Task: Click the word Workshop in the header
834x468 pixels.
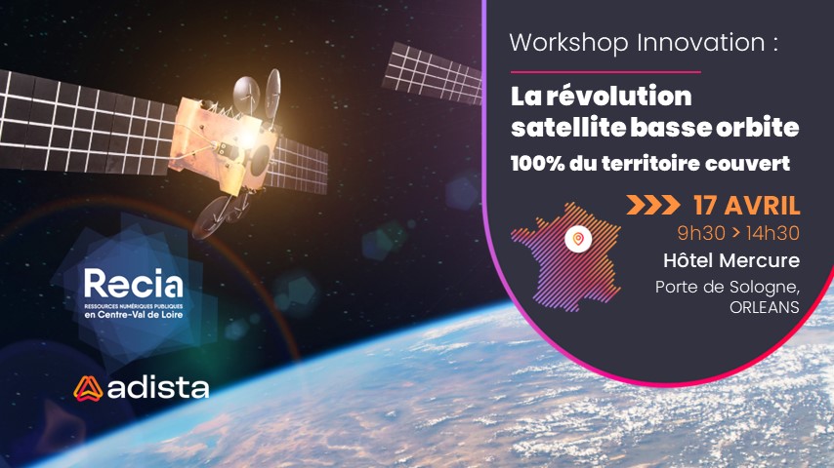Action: [x=568, y=43]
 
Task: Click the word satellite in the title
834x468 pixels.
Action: [x=567, y=127]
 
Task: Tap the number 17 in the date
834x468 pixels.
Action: [x=704, y=206]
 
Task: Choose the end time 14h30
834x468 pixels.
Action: [x=772, y=233]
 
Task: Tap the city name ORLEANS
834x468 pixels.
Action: [x=765, y=307]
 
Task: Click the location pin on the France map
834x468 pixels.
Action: [x=578, y=239]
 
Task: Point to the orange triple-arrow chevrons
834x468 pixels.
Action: [x=653, y=205]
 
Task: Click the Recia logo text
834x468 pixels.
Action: [x=134, y=284]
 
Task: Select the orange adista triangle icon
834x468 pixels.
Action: [x=88, y=388]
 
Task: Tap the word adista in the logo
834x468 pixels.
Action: [x=158, y=388]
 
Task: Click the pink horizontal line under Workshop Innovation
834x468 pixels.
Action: [x=605, y=72]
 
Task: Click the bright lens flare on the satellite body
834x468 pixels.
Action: [x=247, y=137]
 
